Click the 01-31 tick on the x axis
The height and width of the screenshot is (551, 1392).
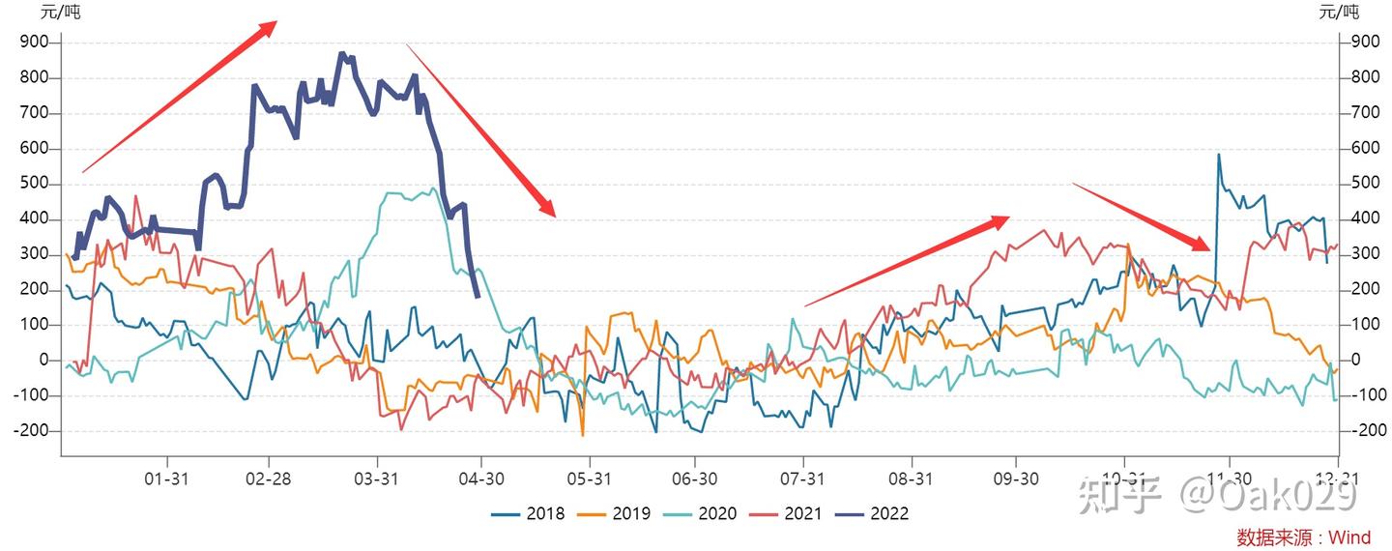pyautogui.click(x=167, y=478)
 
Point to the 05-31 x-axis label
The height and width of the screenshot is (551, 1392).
pyautogui.click(x=590, y=478)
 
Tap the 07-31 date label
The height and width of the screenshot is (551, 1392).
pyautogui.click(x=803, y=478)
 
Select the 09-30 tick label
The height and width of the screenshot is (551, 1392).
pyautogui.click(x=1015, y=478)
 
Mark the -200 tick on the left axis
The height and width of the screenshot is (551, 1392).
pyautogui.click(x=33, y=430)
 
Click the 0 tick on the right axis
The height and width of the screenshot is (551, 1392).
pyautogui.click(x=1356, y=360)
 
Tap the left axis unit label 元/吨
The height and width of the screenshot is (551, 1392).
pyautogui.click(x=60, y=13)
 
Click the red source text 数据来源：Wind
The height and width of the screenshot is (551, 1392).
pyautogui.click(x=1303, y=537)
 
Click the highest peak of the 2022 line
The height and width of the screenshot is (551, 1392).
pyautogui.click(x=341, y=54)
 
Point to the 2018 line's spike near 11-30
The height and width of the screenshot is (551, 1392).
pyautogui.click(x=1218, y=155)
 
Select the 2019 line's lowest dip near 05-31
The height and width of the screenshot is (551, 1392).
pyautogui.click(x=583, y=435)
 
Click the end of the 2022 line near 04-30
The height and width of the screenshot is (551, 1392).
pyautogui.click(x=478, y=296)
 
